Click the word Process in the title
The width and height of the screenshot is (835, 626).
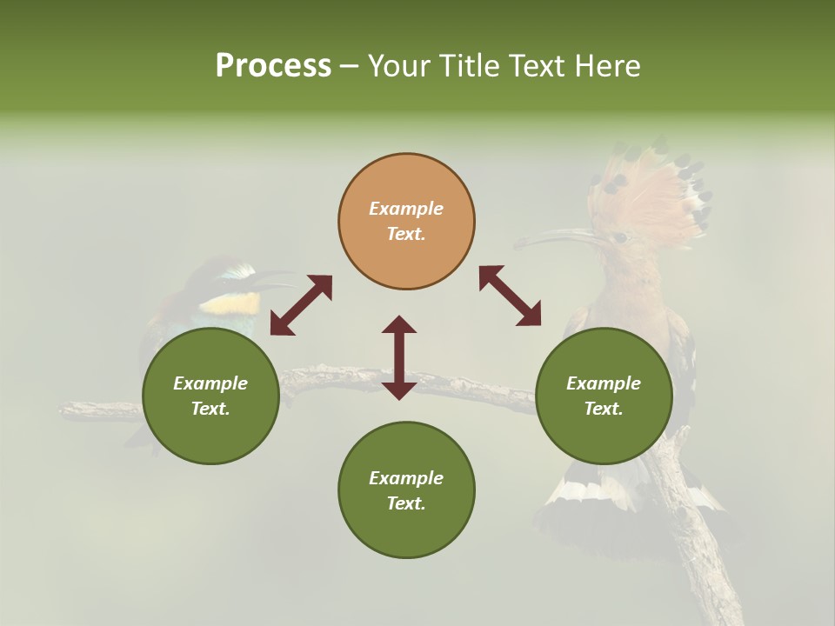[273, 65]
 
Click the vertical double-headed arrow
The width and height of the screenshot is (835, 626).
[399, 357]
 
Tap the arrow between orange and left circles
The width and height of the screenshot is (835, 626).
[301, 305]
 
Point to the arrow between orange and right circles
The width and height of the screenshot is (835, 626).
[510, 296]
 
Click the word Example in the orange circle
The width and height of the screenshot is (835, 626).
[406, 209]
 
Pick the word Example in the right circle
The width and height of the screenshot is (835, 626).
[604, 383]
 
